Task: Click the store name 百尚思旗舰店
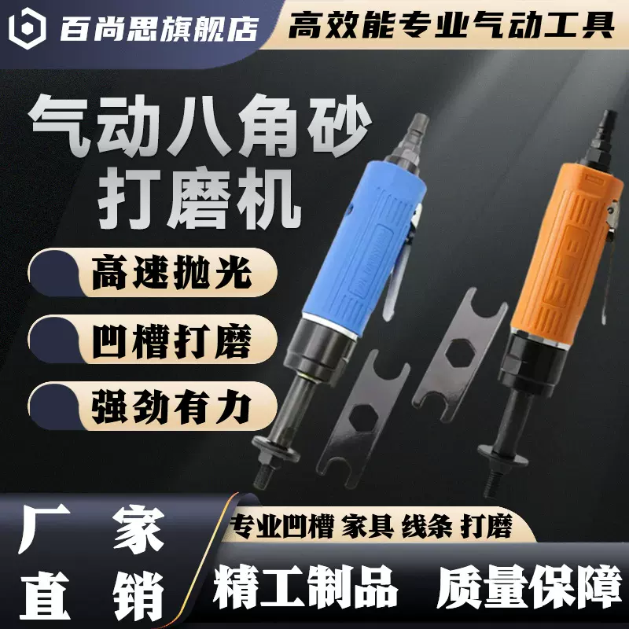tap(158, 28)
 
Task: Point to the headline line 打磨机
tap(200, 197)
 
